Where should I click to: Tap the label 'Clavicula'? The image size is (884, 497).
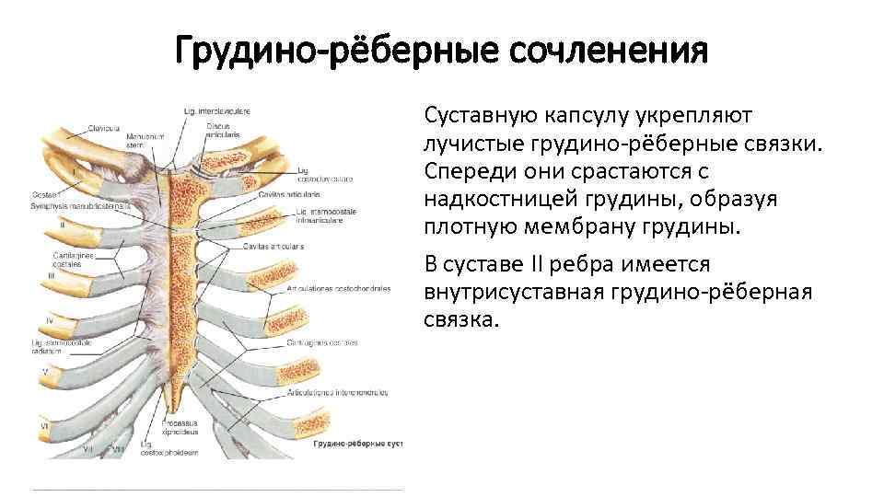(x=103, y=127)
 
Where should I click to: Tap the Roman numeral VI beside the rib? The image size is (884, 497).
(x=43, y=427)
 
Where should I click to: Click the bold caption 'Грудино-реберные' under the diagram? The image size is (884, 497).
(x=346, y=444)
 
